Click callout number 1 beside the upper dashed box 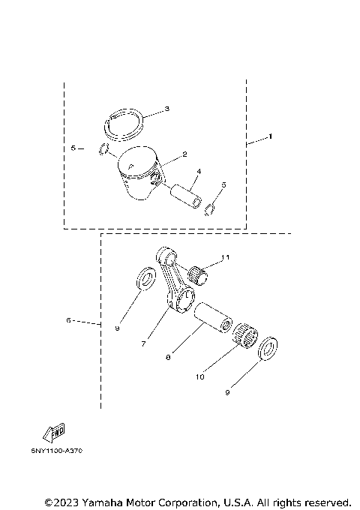tap(271, 137)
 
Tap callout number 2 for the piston tap(184, 155)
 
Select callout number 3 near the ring tap(166, 109)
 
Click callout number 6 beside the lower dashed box tap(68, 320)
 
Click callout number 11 tap(226, 258)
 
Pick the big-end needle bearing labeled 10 tap(247, 334)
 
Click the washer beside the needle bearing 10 tap(268, 349)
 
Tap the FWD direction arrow tap(54, 432)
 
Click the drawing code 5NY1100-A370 tap(57, 452)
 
